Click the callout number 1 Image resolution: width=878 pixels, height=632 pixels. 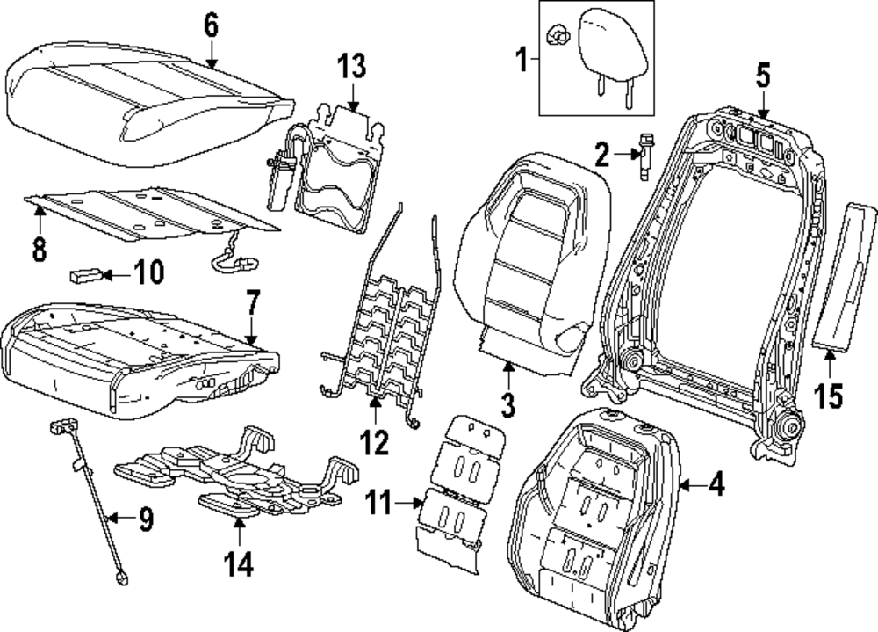[522, 61]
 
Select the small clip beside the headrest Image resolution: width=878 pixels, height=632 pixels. [558, 37]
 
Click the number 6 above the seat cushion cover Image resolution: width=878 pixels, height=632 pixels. [211, 25]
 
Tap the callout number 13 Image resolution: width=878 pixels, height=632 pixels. [352, 66]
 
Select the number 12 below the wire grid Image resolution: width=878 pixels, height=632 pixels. [375, 442]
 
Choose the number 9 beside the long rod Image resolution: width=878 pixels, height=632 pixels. [146, 519]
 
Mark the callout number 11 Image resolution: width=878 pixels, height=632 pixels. [379, 503]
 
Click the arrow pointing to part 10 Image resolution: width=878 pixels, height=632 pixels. [116, 275]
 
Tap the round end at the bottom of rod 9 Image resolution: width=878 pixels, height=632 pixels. [121, 578]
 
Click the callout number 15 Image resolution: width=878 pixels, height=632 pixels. [829, 396]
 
